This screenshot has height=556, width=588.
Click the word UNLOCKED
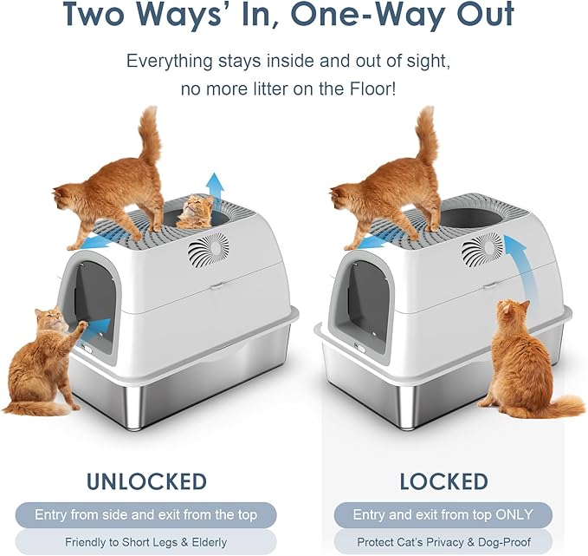[146, 481]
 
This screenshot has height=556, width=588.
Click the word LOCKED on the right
[443, 481]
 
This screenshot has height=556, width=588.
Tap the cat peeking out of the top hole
[196, 213]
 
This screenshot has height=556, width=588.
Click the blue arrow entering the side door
[99, 327]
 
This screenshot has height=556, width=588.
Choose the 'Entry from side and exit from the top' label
[146, 515]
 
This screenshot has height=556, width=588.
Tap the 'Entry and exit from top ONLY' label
[443, 515]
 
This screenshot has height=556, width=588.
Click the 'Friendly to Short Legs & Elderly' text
[146, 543]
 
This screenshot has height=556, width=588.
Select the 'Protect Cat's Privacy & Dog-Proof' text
[443, 543]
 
